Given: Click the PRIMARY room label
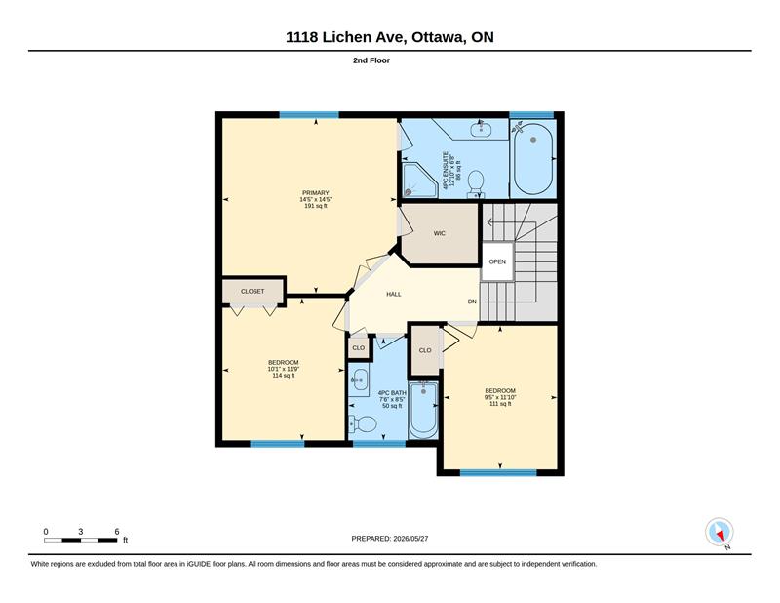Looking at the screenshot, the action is pyautogui.click(x=315, y=192).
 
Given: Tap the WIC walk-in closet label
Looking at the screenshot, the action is pyautogui.click(x=440, y=233).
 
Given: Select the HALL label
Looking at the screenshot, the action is pyautogui.click(x=394, y=295).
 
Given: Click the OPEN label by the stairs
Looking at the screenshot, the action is pyautogui.click(x=497, y=261).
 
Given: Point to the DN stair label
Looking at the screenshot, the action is pyautogui.click(x=472, y=301).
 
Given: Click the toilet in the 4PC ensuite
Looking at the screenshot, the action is pyautogui.click(x=476, y=183).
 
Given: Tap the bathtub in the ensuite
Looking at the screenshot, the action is pyautogui.click(x=533, y=159).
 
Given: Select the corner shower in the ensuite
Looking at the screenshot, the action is pyautogui.click(x=418, y=180).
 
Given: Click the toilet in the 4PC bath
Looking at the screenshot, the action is pyautogui.click(x=363, y=424).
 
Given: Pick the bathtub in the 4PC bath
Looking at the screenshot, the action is pyautogui.click(x=423, y=410).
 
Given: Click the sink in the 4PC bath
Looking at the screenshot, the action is pyautogui.click(x=359, y=381).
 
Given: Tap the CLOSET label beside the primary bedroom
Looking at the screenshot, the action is pyautogui.click(x=253, y=292).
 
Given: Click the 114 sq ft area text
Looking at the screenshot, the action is pyautogui.click(x=284, y=376).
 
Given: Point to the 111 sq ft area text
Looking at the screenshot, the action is pyautogui.click(x=500, y=404).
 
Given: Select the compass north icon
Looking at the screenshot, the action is pyautogui.click(x=720, y=533).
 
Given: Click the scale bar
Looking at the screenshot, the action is pyautogui.click(x=81, y=540).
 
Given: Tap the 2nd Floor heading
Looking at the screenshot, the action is pyautogui.click(x=371, y=60).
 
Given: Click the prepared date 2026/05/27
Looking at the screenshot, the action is pyautogui.click(x=410, y=539).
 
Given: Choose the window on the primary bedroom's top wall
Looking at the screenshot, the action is pyautogui.click(x=309, y=115).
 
